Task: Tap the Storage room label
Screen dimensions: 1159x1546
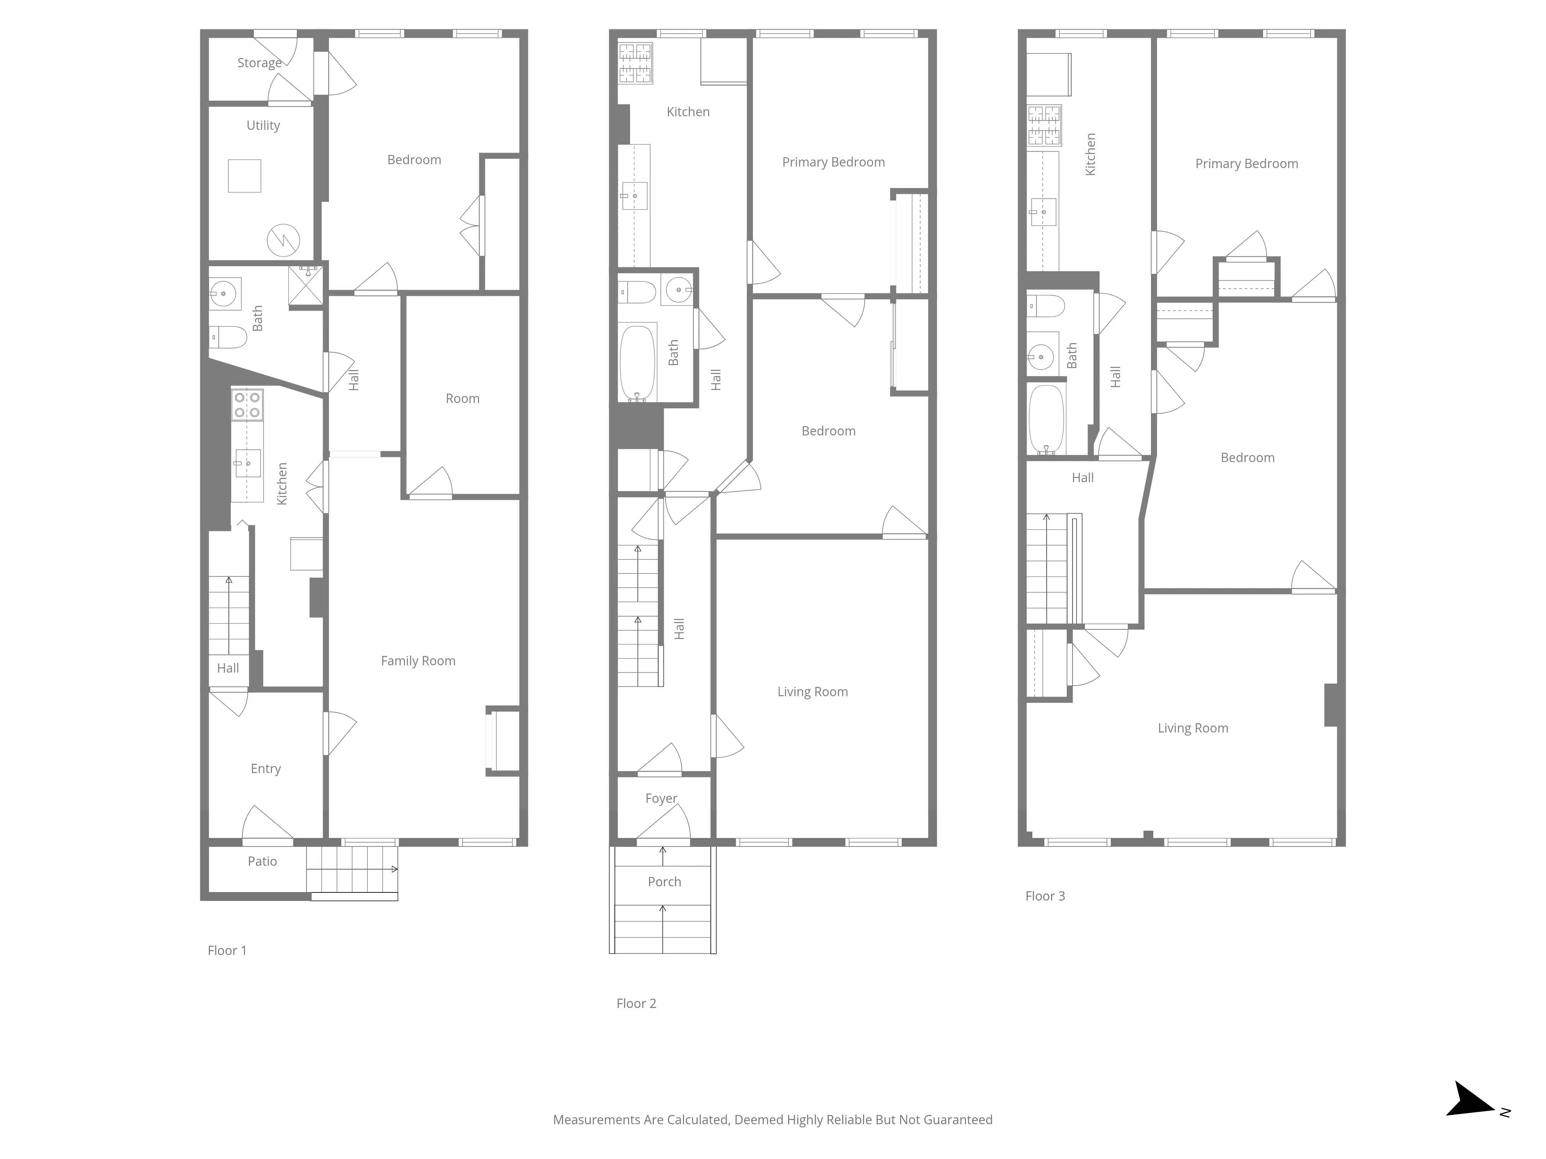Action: tap(259, 63)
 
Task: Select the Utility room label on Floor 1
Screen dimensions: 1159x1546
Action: tap(263, 126)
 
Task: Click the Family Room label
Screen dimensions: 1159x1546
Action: tap(418, 661)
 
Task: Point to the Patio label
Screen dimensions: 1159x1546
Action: tap(262, 862)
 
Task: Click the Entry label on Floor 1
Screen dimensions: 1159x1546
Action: tap(266, 768)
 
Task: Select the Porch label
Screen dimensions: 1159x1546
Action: tap(664, 882)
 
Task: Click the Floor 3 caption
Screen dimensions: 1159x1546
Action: tap(1045, 896)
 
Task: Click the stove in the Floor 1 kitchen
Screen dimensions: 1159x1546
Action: tap(247, 404)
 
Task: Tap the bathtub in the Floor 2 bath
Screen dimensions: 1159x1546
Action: tap(637, 362)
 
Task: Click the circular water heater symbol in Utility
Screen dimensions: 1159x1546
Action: tap(283, 240)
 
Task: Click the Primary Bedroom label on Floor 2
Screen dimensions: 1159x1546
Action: tap(833, 162)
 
